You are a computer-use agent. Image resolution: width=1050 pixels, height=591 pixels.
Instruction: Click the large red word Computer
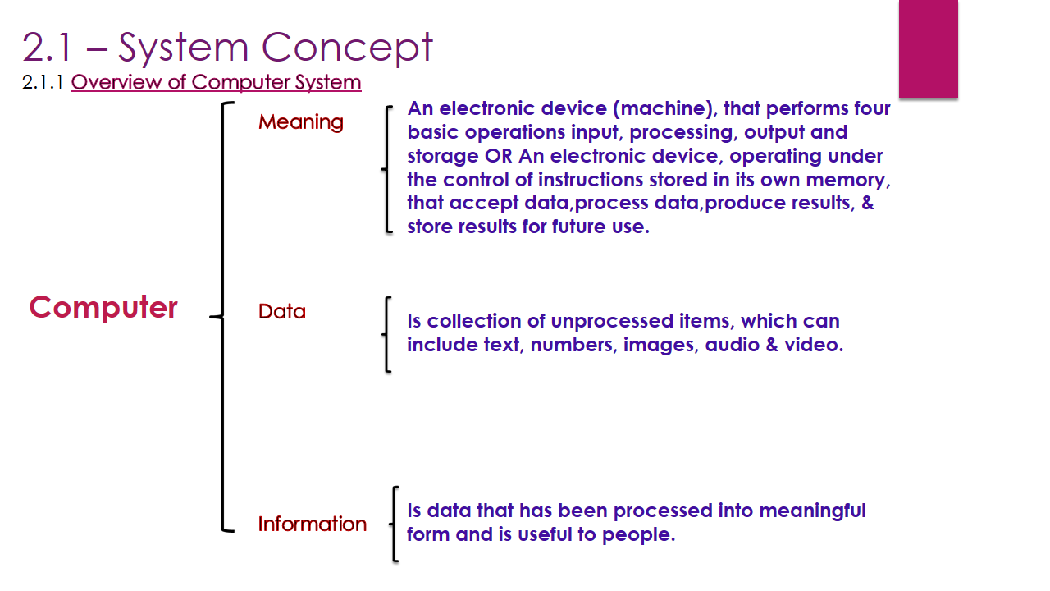click(x=103, y=308)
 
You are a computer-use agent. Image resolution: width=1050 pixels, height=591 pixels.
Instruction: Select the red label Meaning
click(x=300, y=122)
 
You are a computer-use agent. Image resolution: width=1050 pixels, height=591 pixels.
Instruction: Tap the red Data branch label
click(x=281, y=312)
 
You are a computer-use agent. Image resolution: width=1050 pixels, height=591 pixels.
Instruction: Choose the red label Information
click(x=312, y=524)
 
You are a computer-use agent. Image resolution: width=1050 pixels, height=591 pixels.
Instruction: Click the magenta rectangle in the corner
click(x=928, y=48)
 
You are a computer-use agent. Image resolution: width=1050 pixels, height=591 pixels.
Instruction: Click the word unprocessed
click(x=600, y=321)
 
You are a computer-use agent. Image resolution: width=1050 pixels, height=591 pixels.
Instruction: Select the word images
click(x=660, y=345)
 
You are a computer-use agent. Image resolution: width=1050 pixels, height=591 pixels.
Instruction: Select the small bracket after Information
click(x=395, y=524)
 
